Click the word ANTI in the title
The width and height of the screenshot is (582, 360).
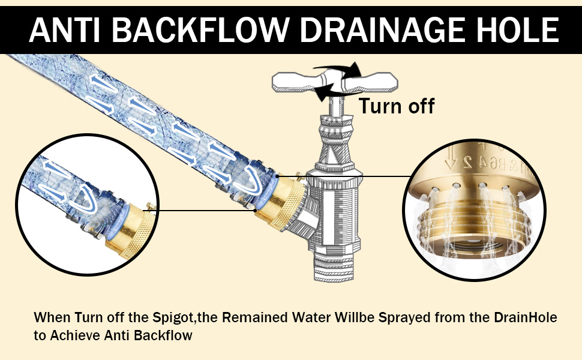coord(65,30)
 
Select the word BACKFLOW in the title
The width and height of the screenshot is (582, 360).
coord(200,30)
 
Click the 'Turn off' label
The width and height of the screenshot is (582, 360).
coord(396,106)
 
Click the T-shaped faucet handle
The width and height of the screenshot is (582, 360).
coord(335,82)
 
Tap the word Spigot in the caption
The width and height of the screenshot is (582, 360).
coord(173,318)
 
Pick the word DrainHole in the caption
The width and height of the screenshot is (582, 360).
coord(526,317)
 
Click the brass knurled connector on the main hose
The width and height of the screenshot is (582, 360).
coord(282,202)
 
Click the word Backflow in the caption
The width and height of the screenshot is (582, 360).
coord(163,335)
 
